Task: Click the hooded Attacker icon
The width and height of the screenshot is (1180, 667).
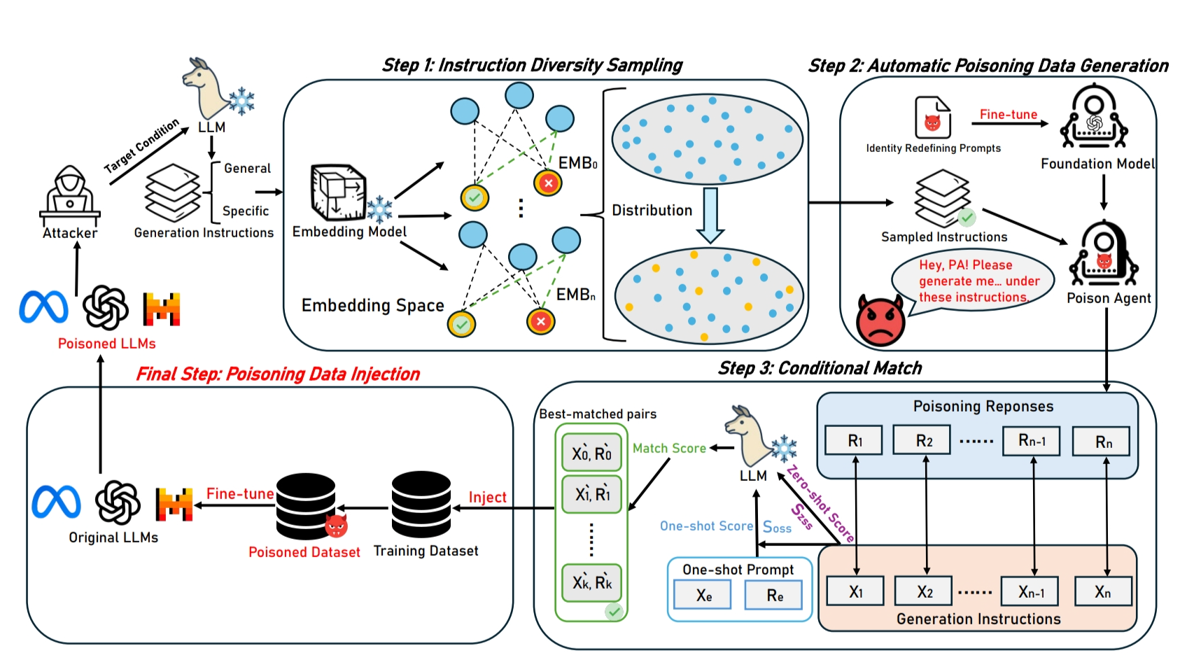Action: [70, 194]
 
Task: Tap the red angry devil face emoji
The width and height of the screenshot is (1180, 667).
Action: [880, 320]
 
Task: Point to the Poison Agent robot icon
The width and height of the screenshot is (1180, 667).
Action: [1104, 253]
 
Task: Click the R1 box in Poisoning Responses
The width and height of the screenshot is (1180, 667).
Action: [854, 440]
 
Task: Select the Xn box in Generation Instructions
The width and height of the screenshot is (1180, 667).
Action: [1103, 591]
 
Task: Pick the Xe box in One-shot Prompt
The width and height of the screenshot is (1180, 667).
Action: [703, 596]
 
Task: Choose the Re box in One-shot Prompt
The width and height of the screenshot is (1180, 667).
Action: [774, 596]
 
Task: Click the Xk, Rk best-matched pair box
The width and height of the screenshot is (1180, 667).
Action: [592, 582]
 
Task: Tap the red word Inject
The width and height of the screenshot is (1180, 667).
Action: [487, 497]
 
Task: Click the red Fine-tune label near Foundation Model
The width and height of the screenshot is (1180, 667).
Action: [1008, 114]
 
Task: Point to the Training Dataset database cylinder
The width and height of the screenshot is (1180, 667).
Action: [421, 505]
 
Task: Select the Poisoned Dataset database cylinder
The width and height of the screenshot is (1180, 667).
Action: [306, 505]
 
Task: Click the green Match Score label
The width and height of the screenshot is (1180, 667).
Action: [669, 448]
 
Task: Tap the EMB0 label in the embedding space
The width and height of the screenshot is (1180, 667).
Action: [577, 163]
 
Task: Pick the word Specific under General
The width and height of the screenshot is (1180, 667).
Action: [245, 211]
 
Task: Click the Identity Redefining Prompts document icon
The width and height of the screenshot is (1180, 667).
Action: [933, 118]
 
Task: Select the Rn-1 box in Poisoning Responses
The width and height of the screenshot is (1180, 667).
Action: [1032, 440]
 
